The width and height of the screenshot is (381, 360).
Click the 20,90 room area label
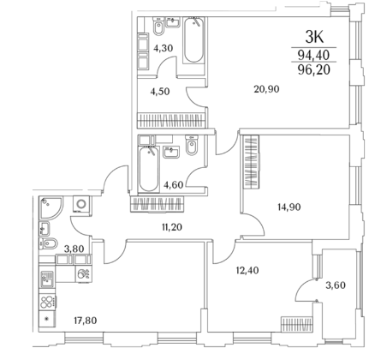[266, 89]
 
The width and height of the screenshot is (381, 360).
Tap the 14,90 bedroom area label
[289, 207]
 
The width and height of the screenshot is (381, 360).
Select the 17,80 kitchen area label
[86, 321]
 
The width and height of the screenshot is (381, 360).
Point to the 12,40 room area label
[247, 270]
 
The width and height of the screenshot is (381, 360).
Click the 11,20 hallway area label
[172, 227]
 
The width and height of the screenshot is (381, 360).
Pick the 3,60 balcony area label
[336, 285]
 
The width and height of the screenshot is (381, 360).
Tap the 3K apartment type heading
[314, 37]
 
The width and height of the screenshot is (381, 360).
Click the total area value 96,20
[314, 69]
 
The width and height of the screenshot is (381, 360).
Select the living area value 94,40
[314, 55]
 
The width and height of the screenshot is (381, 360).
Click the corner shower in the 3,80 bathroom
[51, 207]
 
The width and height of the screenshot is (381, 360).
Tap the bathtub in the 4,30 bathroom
[193, 40]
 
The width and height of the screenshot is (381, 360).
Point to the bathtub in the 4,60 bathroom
[149, 170]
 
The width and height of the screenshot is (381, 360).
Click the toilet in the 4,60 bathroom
[192, 145]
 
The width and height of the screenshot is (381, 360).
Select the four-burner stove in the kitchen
[47, 302]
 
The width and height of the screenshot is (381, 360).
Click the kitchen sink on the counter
[47, 279]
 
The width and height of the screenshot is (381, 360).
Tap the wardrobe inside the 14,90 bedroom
[251, 162]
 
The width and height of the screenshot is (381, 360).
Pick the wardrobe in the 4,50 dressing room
[171, 120]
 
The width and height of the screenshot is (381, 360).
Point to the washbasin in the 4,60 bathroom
[171, 152]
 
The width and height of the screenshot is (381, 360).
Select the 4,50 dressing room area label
[160, 92]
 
